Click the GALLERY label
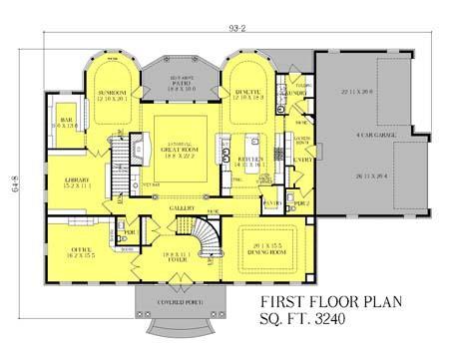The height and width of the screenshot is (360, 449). (x=180, y=208)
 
